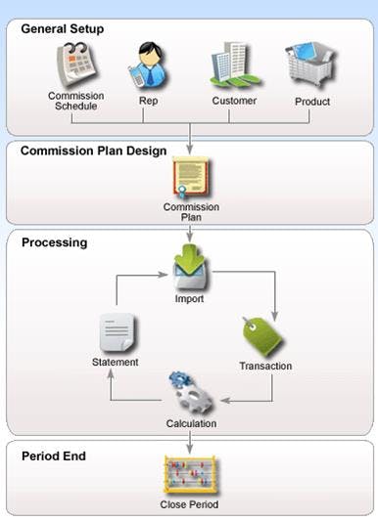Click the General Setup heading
(63, 28)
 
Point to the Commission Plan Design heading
(94, 152)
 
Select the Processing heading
(55, 241)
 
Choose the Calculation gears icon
(190, 392)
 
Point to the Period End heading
(54, 456)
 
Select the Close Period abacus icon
(189, 477)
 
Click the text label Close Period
(189, 504)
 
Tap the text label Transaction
(265, 367)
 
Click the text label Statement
(116, 362)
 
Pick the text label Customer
(234, 101)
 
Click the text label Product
(312, 101)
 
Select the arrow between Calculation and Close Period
(190, 442)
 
